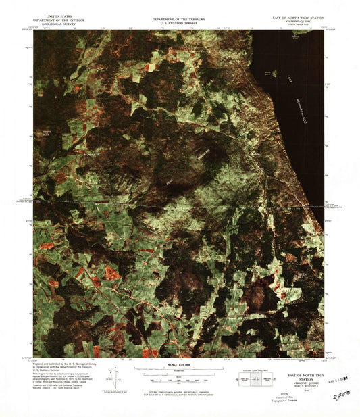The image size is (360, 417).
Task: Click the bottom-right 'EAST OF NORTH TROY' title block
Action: tap(301, 375)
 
